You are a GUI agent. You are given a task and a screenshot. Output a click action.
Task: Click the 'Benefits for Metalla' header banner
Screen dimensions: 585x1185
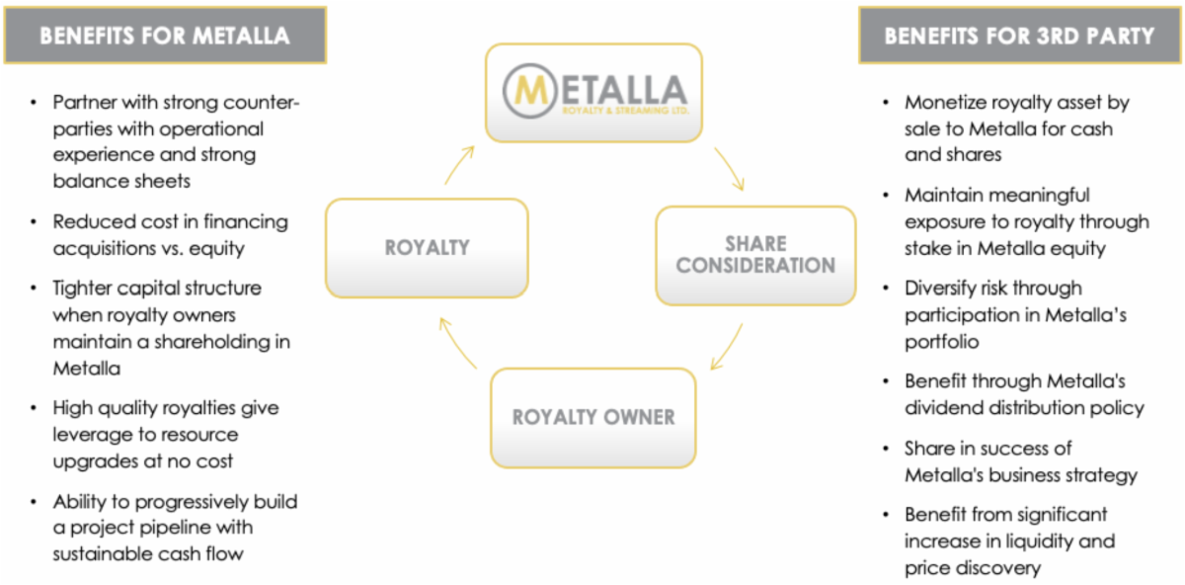point(165,37)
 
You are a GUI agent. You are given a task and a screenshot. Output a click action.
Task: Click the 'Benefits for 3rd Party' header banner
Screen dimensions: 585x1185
point(1019,37)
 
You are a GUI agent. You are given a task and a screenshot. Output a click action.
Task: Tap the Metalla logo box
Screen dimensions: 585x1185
point(592,91)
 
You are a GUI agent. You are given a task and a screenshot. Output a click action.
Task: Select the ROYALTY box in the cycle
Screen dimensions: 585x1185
point(427,248)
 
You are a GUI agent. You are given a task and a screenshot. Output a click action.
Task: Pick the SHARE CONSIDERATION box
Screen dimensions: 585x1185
point(755,254)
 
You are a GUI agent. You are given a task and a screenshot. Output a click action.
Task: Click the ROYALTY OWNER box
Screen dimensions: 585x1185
point(592,417)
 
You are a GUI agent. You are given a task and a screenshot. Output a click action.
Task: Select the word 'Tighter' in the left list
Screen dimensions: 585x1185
point(85,289)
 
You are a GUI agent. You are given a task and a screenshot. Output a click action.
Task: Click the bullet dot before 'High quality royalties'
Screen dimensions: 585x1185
point(35,408)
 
